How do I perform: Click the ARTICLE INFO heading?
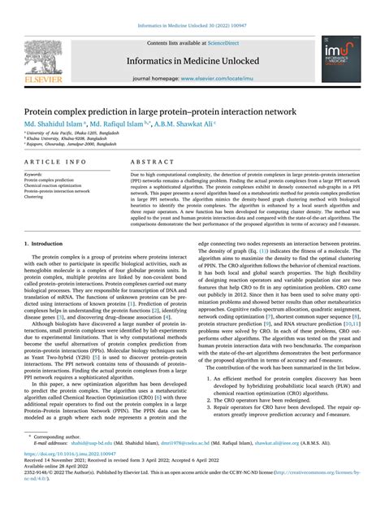[56, 162]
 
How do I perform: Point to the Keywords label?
[33, 174]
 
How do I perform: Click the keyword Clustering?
[34, 197]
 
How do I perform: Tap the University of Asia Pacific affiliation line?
[72, 132]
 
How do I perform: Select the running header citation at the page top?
[192, 27]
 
